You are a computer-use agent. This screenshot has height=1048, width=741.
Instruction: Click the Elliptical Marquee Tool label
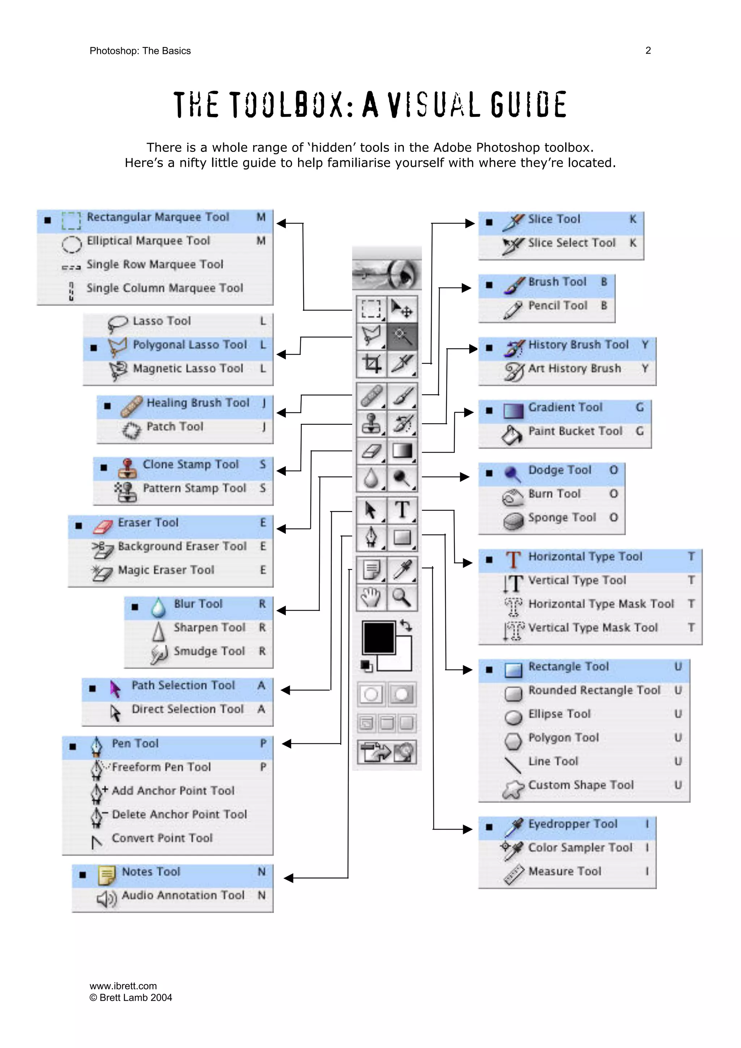148,241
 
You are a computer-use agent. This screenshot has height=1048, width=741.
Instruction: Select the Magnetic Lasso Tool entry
188,368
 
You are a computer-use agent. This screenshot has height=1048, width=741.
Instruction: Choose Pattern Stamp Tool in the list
195,488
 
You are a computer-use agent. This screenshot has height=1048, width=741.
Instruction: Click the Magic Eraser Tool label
166,570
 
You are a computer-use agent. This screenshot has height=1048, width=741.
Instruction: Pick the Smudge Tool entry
209,651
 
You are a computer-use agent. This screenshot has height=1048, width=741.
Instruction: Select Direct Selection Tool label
188,709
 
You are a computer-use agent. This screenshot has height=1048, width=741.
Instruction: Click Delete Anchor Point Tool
179,814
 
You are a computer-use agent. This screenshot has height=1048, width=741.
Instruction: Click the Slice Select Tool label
572,243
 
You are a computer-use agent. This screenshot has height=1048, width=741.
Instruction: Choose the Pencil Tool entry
558,305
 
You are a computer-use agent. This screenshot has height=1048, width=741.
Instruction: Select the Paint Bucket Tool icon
512,434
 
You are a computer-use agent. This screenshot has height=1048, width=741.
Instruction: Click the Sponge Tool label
562,518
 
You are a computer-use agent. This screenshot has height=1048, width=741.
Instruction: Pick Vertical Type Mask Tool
593,628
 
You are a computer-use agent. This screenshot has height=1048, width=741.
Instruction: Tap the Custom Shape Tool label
581,785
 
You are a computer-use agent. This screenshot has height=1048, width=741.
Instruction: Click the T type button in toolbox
402,509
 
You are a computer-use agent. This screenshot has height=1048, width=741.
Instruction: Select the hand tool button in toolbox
371,597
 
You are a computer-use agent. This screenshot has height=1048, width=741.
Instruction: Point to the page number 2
648,51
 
